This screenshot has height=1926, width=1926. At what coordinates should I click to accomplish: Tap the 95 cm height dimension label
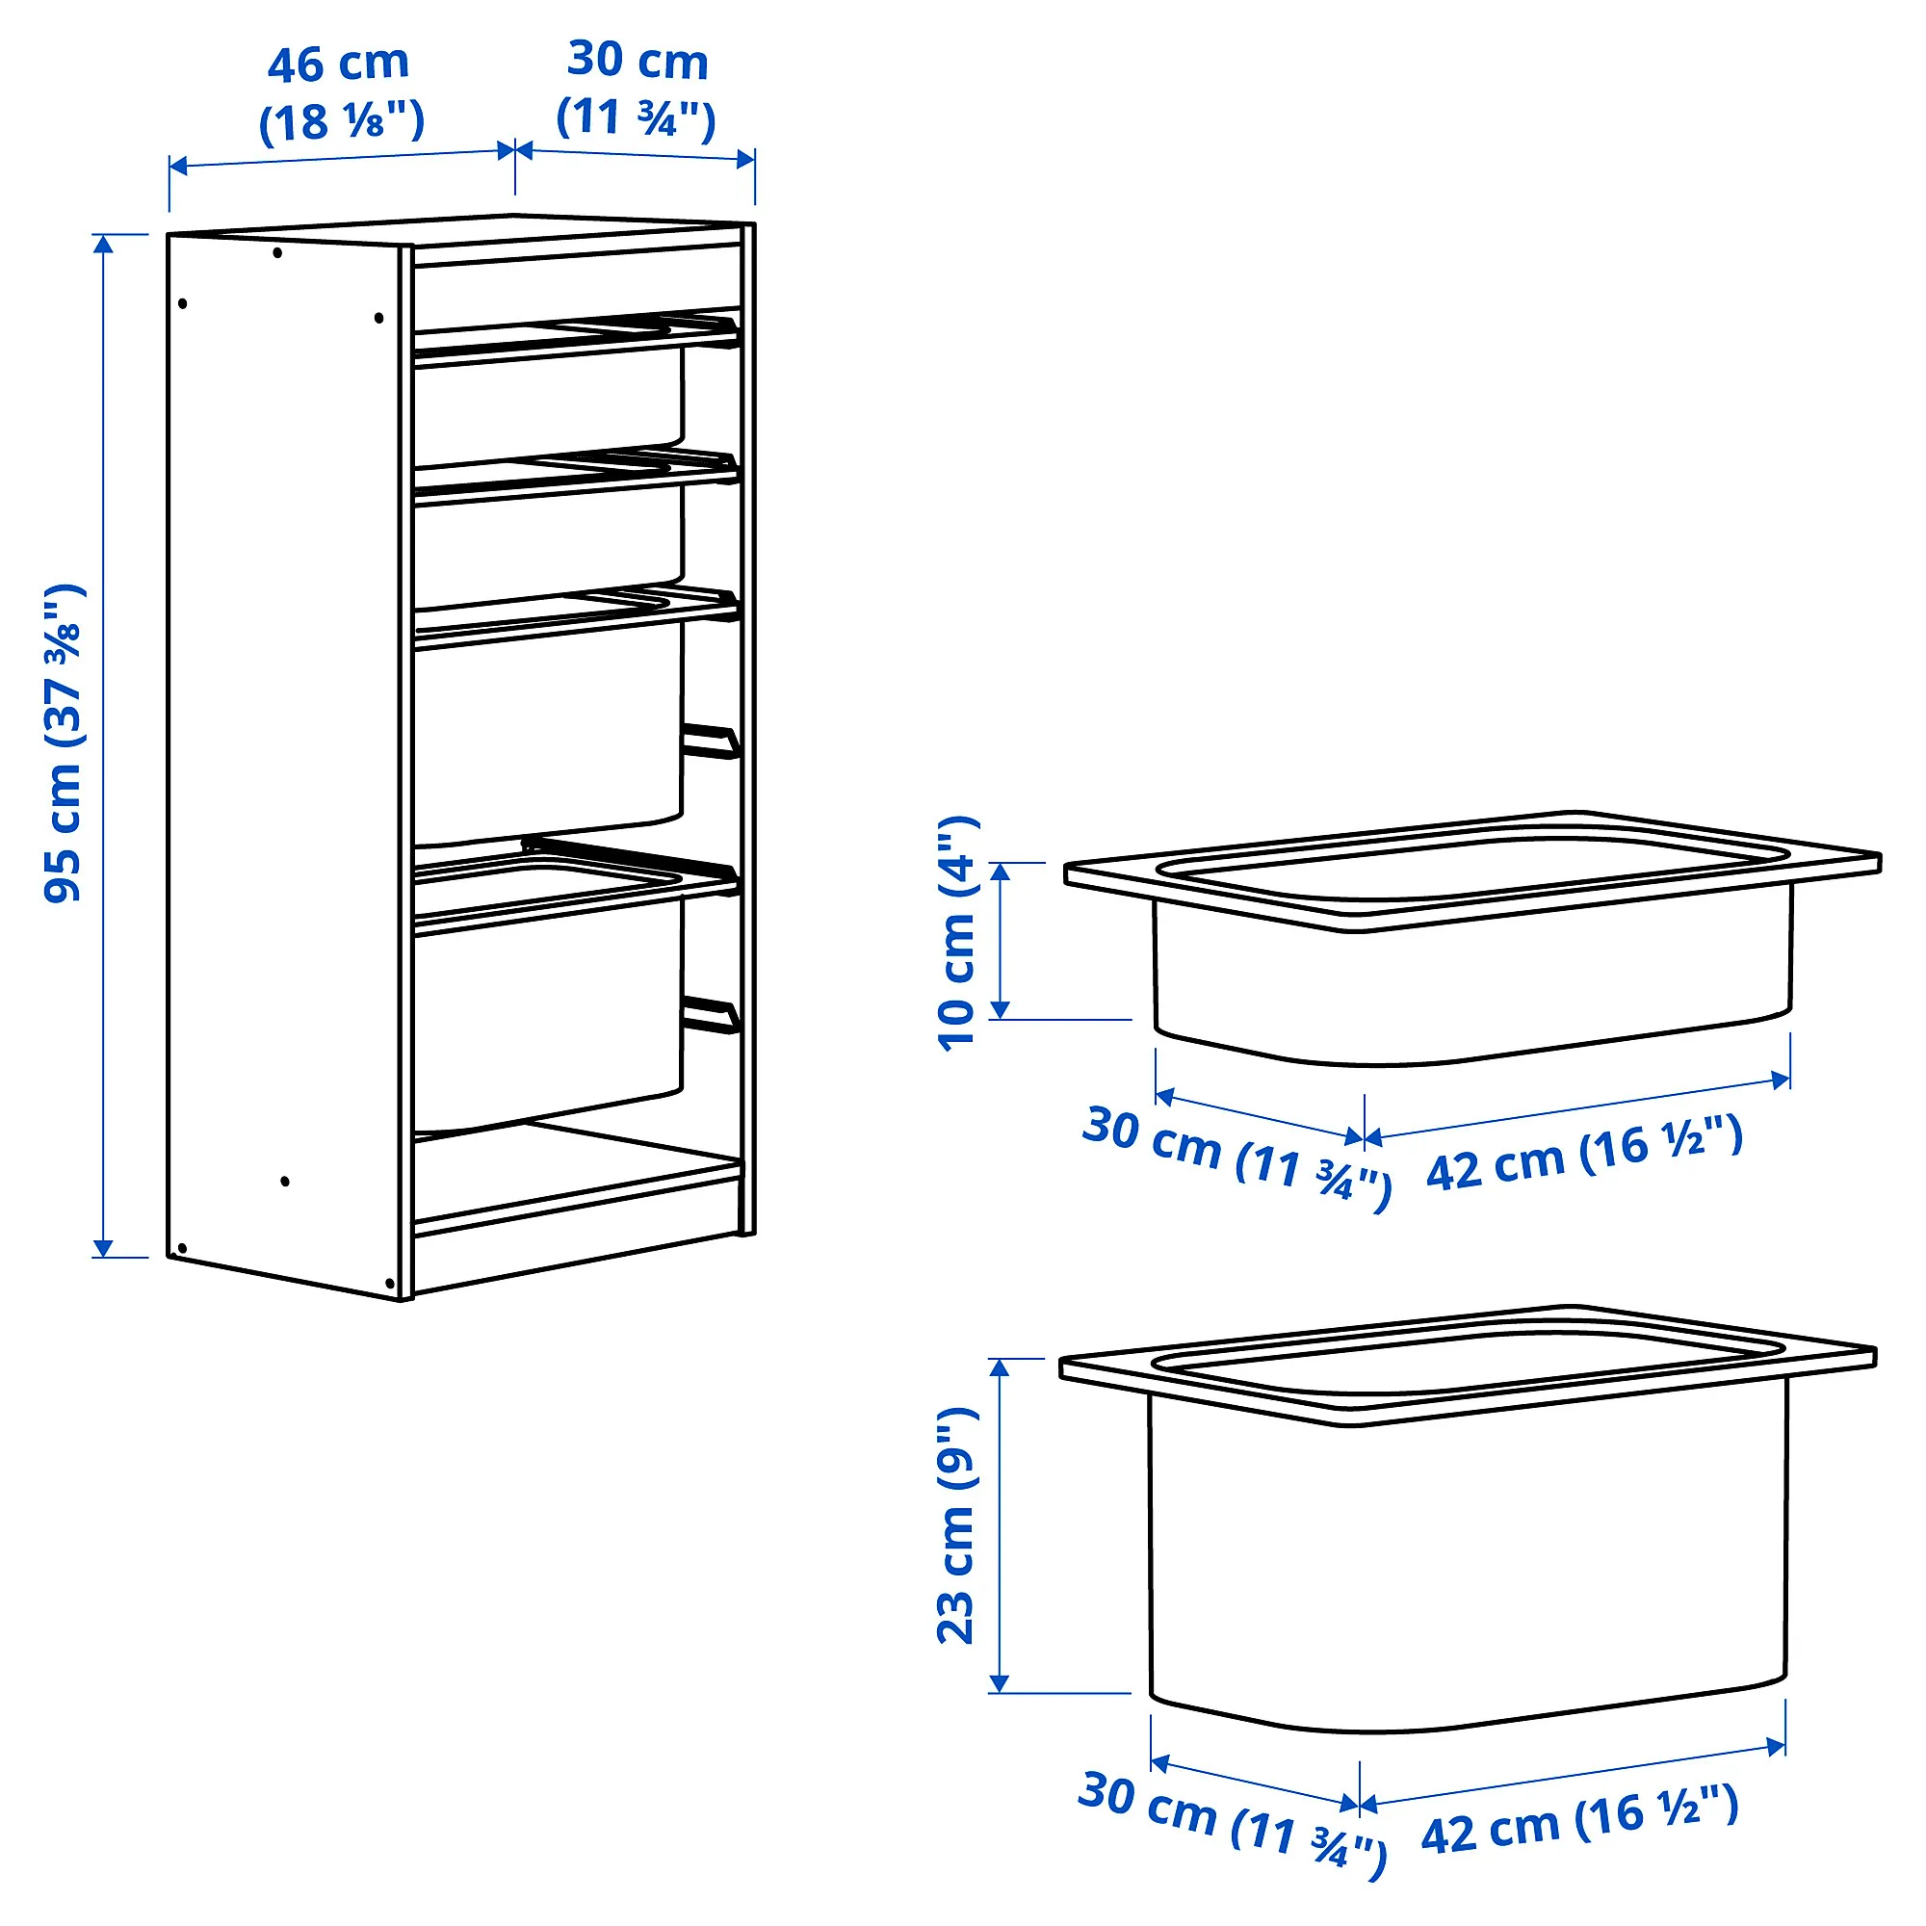64,743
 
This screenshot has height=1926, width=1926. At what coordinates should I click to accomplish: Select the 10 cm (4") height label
958,932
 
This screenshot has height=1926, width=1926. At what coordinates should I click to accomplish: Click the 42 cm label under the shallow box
1585,1155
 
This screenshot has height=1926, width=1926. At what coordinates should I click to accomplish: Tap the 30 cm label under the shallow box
1236,1157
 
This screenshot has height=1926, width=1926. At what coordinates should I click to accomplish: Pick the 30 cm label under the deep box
1233,1824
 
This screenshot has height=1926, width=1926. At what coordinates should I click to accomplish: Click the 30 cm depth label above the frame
637,90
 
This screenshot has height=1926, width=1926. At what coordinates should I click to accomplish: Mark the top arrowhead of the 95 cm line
104,244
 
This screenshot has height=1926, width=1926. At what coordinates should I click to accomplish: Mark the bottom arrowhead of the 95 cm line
104,1248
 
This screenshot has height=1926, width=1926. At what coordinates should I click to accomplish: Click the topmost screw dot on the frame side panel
277,253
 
